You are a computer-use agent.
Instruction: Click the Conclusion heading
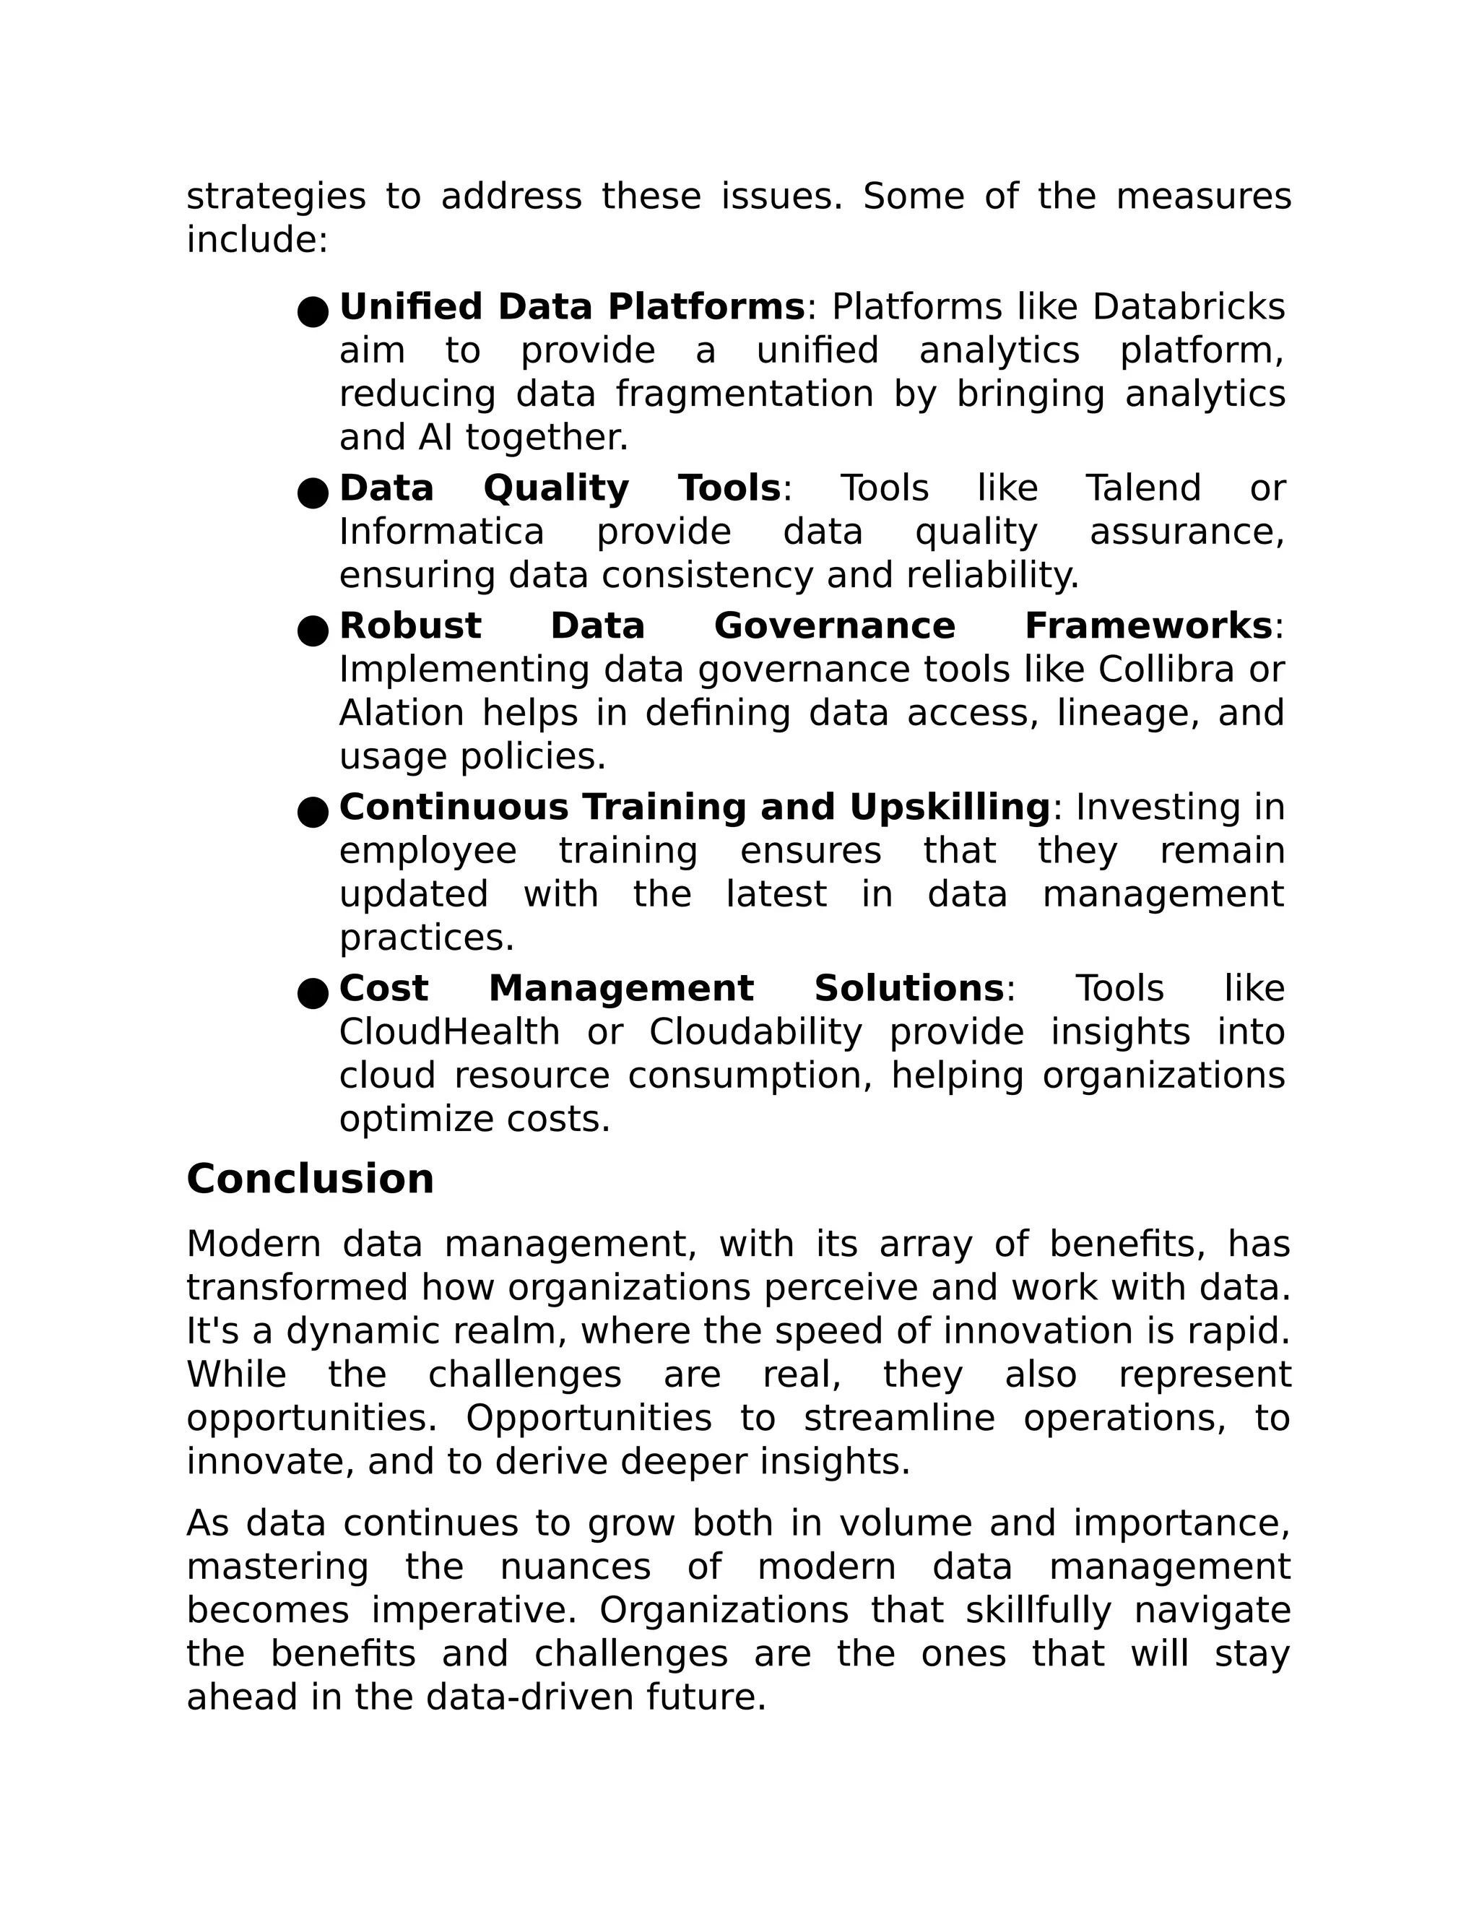[x=310, y=1179]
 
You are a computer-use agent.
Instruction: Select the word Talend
[x=1142, y=488]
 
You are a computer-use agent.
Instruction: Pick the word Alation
[x=402, y=714]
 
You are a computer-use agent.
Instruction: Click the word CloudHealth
[x=449, y=1032]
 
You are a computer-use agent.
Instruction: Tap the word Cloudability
[x=755, y=1032]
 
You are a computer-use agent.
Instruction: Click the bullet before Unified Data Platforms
[x=313, y=311]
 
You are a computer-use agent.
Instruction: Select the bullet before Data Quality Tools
[x=313, y=493]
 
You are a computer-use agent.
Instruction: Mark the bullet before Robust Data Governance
[x=313, y=630]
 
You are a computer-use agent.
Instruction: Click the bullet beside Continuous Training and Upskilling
[x=313, y=812]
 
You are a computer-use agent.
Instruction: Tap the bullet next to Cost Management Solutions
[x=313, y=993]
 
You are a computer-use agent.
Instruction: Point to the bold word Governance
[x=834, y=625]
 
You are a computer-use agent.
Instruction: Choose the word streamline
[x=899, y=1418]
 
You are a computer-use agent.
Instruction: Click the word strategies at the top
[x=276, y=196]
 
